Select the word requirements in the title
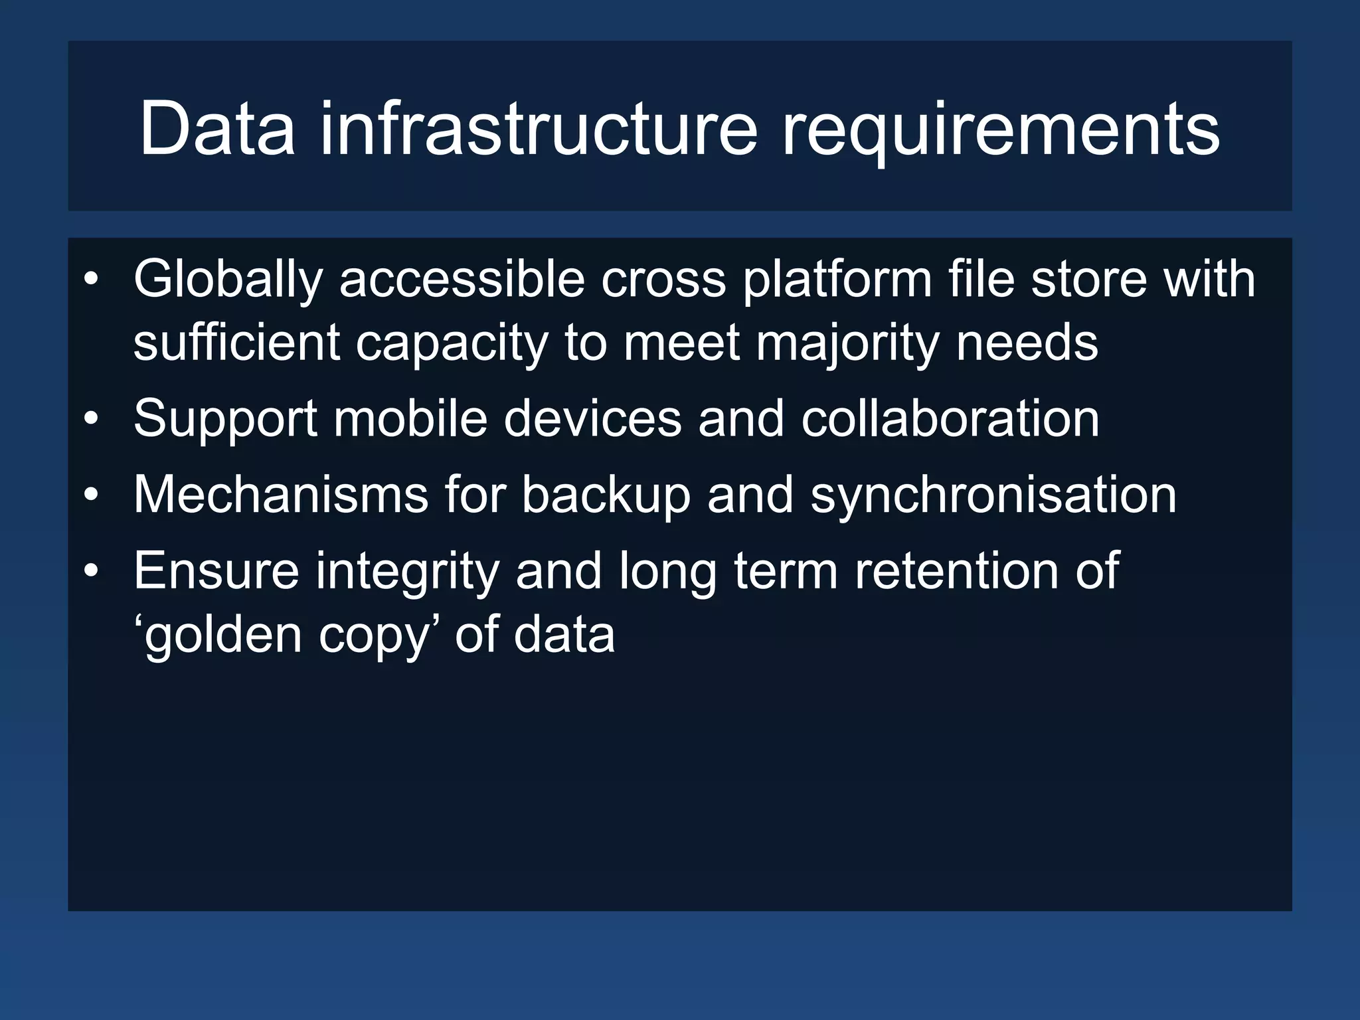[1001, 130]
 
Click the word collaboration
[950, 418]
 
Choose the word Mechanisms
[281, 494]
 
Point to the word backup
[606, 495]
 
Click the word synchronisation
[993, 495]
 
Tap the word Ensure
[216, 570]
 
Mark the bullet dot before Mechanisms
[92, 495]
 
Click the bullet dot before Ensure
[92, 571]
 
